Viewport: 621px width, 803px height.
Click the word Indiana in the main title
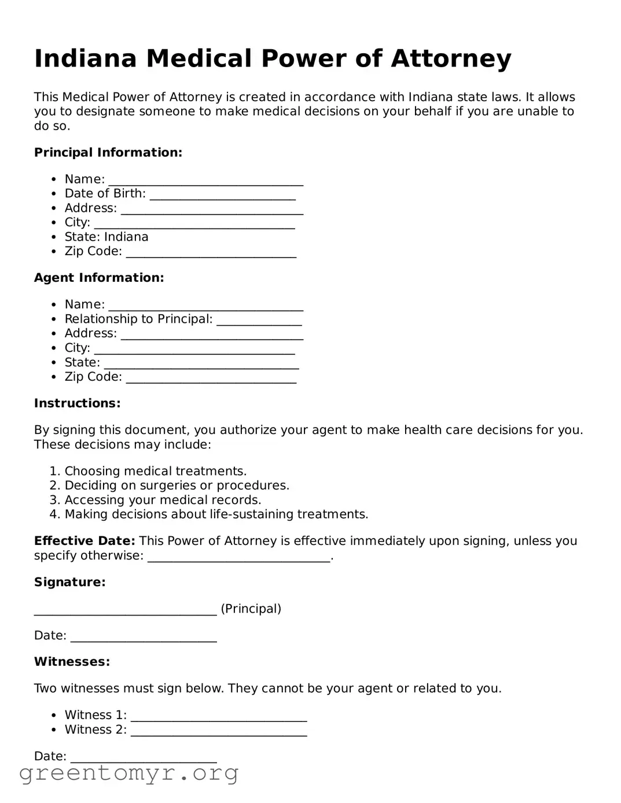(x=85, y=59)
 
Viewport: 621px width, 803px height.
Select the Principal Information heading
(x=108, y=153)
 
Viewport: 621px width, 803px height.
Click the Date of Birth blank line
(x=222, y=195)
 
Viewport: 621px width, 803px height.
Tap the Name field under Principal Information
(x=205, y=181)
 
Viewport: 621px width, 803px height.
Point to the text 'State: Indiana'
(x=106, y=237)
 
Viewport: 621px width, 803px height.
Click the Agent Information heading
(x=99, y=278)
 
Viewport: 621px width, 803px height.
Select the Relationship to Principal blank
(x=259, y=320)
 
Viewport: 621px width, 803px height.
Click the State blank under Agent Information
(x=201, y=364)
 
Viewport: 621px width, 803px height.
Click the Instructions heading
(x=77, y=403)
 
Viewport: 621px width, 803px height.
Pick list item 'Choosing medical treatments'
(x=155, y=472)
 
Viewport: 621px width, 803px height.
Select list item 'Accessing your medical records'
(x=163, y=500)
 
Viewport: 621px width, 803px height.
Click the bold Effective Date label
(x=84, y=541)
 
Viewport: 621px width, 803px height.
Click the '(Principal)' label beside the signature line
(x=251, y=609)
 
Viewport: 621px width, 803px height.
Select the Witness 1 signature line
(x=218, y=716)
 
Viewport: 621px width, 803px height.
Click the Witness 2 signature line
(x=218, y=731)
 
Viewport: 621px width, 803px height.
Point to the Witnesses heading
(x=72, y=662)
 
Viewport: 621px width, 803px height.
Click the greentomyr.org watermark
(x=128, y=773)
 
